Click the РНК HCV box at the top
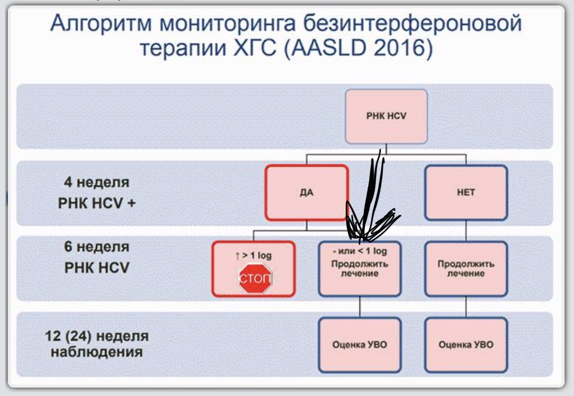pos(386,117)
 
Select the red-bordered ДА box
pos(306,192)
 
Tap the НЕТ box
pos(465,192)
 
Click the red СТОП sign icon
pos(255,279)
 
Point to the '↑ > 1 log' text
pos(253,256)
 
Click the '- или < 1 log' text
pos(359,252)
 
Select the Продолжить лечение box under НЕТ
pos(465,268)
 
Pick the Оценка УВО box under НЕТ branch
pos(465,345)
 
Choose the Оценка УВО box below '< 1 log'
pos(359,345)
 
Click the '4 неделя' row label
pos(96,183)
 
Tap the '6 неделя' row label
pos(96,247)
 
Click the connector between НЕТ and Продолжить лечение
pos(466,231)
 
